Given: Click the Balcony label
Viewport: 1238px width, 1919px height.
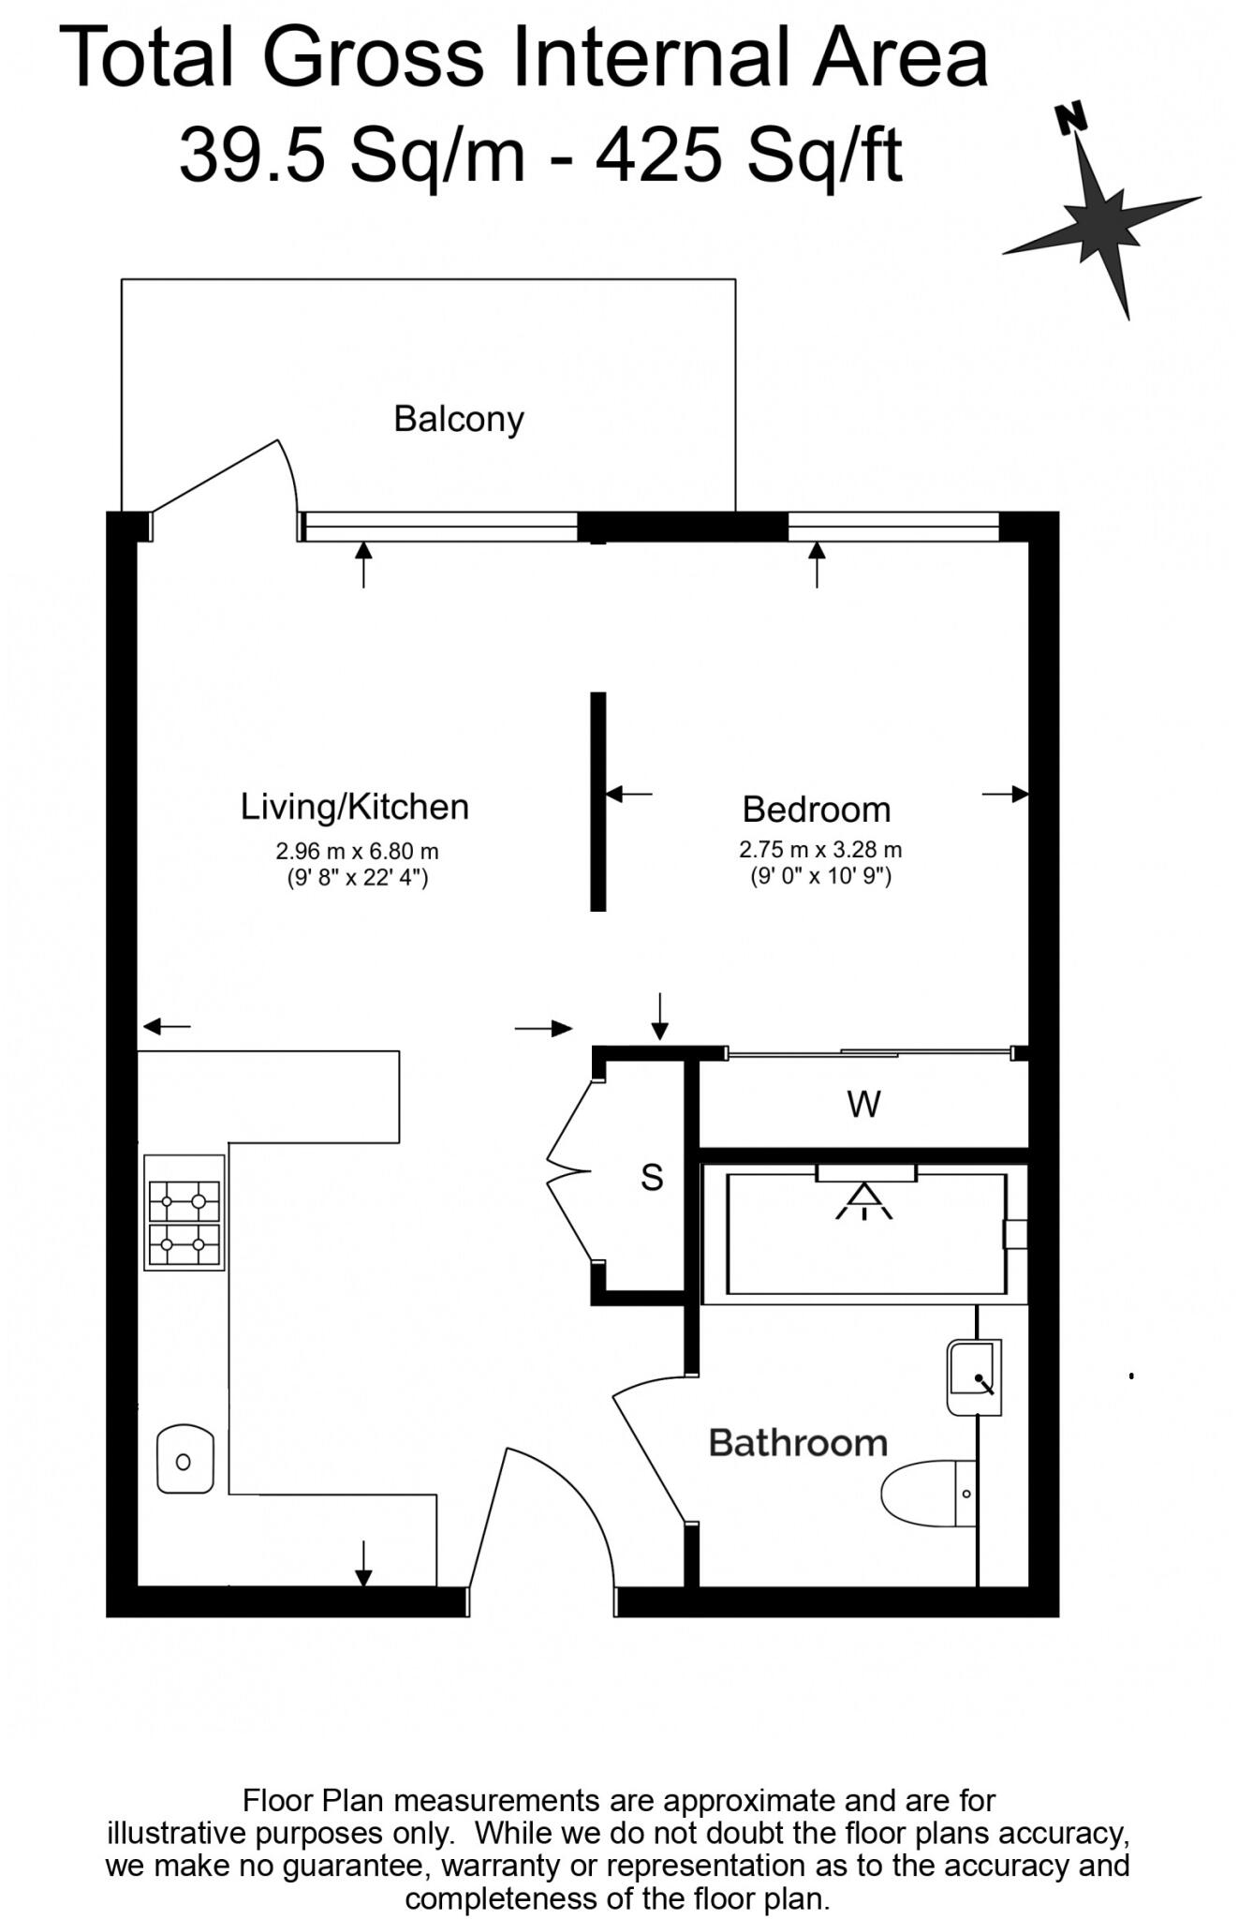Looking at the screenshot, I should (458, 419).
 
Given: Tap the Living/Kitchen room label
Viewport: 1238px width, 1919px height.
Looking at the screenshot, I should (354, 807).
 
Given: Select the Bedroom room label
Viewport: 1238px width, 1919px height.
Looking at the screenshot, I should (816, 810).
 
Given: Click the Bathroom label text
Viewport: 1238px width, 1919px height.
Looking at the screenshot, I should (798, 1443).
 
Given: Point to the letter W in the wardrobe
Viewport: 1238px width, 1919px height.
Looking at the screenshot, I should (863, 1105).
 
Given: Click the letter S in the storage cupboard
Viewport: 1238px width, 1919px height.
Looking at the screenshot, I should (652, 1177).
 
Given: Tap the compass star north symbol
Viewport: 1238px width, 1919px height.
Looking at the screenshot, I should (1102, 220).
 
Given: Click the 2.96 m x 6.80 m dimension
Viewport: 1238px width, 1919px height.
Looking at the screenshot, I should (357, 852).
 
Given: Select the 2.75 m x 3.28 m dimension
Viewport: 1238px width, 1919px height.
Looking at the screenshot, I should (820, 850).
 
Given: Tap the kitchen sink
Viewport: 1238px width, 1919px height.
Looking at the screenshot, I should (184, 1460).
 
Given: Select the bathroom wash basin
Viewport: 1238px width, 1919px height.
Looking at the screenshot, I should (973, 1376).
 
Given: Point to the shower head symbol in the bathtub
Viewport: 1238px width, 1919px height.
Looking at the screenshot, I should (864, 1202).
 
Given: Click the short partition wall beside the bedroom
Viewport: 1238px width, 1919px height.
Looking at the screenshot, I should (597, 801).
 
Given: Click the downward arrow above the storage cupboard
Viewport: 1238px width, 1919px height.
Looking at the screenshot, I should (660, 1016).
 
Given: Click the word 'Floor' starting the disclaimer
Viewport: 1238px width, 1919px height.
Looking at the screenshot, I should (277, 1800).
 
